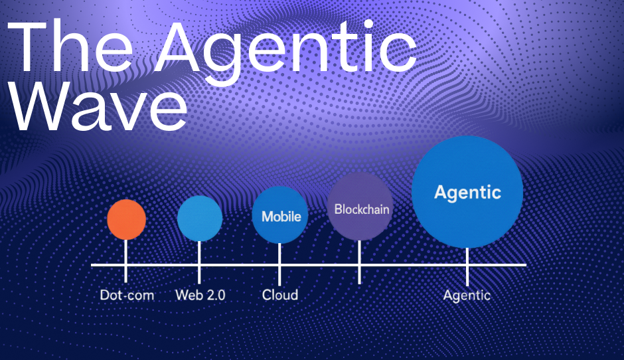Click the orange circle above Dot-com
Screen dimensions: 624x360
pyautogui.click(x=127, y=219)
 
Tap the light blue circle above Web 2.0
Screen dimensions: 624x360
pyautogui.click(x=199, y=219)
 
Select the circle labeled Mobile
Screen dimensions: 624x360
pyautogui.click(x=279, y=215)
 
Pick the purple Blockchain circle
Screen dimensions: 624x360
pyautogui.click(x=360, y=207)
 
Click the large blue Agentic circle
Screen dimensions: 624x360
pyautogui.click(x=467, y=192)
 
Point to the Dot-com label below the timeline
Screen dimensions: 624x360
pyautogui.click(x=127, y=295)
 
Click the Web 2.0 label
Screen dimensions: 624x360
pyautogui.click(x=200, y=295)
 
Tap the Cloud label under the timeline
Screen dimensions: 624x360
pyautogui.click(x=279, y=295)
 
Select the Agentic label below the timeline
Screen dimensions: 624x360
pyautogui.click(x=467, y=296)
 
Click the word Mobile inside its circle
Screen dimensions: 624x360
pyautogui.click(x=281, y=217)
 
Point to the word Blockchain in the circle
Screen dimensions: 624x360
pyautogui.click(x=362, y=209)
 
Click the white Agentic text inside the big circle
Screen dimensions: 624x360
pyautogui.click(x=467, y=193)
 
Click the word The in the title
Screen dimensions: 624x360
pyautogui.click(x=70, y=46)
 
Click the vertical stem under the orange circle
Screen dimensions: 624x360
pyautogui.click(x=126, y=260)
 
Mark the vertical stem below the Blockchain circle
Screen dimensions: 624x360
pyautogui.click(x=359, y=262)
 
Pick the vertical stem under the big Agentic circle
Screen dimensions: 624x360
pyautogui.click(x=467, y=267)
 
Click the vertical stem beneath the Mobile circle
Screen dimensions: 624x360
pyautogui.click(x=279, y=264)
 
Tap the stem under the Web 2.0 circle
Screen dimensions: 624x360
pyautogui.click(x=199, y=262)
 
